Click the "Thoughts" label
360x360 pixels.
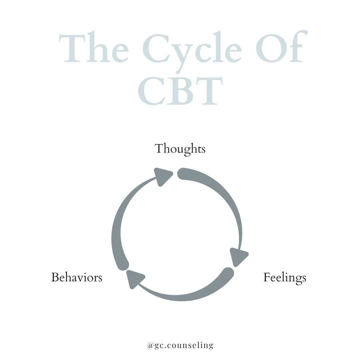pyautogui.click(x=180, y=149)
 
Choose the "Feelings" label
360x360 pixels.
pyautogui.click(x=285, y=278)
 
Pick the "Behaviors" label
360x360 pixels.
pyautogui.click(x=76, y=277)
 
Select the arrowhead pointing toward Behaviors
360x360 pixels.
pyautogui.click(x=134, y=278)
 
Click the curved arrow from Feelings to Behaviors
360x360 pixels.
pyautogui.click(x=187, y=295)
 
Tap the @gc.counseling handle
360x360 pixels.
pyautogui.click(x=180, y=345)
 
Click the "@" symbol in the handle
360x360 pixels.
pyautogui.click(x=150, y=346)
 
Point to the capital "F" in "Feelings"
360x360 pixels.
pyautogui.click(x=267, y=277)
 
